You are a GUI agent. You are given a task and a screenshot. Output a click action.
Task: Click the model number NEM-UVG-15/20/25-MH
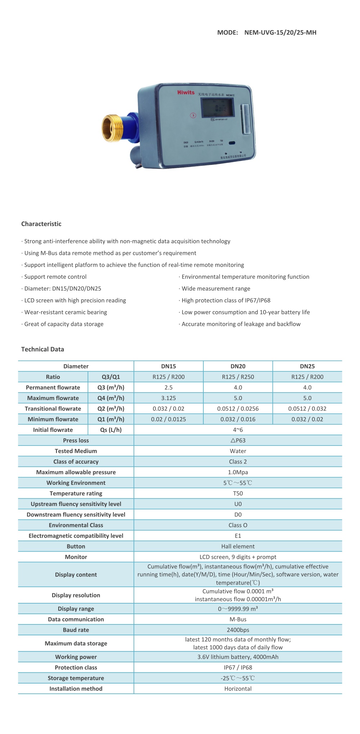[280, 32]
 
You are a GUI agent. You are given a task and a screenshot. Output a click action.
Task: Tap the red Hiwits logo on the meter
[186, 93]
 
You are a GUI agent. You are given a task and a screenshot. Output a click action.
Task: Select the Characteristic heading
[41, 224]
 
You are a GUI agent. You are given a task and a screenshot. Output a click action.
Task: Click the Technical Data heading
[42, 349]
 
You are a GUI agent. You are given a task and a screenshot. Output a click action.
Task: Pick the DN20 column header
[238, 366]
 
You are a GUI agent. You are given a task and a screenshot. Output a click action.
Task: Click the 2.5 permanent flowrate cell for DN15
[168, 388]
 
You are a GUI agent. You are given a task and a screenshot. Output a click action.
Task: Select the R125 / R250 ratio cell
[238, 377]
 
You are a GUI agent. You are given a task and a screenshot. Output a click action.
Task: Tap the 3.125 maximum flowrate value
[168, 398]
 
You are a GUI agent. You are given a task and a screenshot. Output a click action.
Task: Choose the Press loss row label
[76, 440]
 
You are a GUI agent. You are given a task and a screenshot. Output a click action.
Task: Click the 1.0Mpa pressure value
[238, 472]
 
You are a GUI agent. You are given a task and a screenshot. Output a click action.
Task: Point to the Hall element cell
[238, 546]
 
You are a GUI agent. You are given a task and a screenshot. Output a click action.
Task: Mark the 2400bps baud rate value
[238, 630]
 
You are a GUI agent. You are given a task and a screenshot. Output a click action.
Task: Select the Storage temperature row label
[76, 678]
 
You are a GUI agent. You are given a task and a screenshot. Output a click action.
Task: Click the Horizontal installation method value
[238, 689]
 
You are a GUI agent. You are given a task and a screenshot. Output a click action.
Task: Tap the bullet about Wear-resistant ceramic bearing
[66, 312]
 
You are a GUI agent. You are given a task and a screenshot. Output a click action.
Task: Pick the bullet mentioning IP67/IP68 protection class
[226, 300]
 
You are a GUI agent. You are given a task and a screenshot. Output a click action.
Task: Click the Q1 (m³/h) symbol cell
[111, 419]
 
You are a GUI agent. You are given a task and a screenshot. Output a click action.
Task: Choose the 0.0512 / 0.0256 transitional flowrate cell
[238, 409]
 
